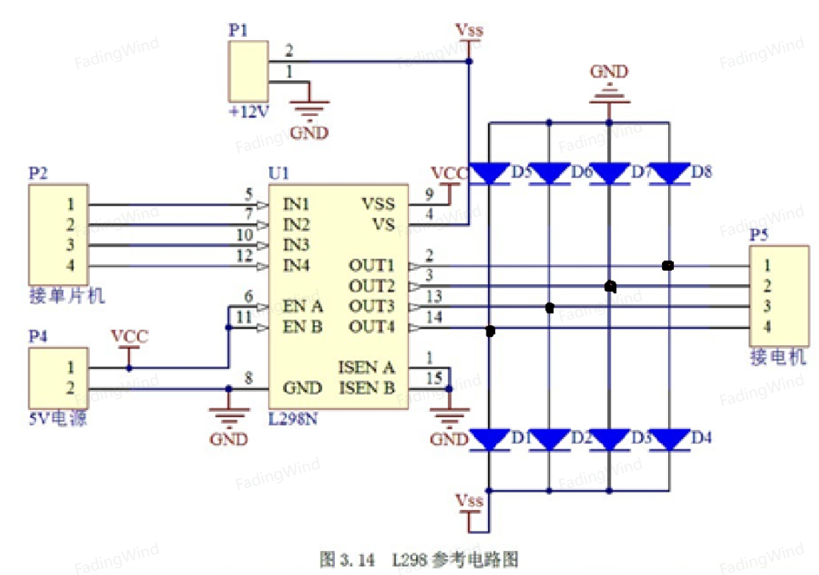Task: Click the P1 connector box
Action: (x=248, y=71)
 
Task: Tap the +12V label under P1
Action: (x=249, y=111)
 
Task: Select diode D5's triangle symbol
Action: (x=490, y=174)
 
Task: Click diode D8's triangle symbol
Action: (x=669, y=174)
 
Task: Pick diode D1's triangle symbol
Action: (x=490, y=440)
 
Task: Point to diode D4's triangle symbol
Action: (x=669, y=440)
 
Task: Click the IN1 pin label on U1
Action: (x=297, y=204)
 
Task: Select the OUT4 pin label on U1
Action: (x=371, y=328)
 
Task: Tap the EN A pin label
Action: (x=302, y=306)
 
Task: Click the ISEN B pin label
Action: (x=367, y=388)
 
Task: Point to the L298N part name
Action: (x=292, y=419)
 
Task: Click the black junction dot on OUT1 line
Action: (x=668, y=266)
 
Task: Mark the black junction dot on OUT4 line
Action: (x=490, y=331)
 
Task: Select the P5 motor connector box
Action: (x=779, y=296)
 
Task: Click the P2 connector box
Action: (x=58, y=235)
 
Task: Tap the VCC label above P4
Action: (x=130, y=336)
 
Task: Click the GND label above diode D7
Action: (x=609, y=71)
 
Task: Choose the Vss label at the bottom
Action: (x=469, y=501)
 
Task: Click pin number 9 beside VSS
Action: (x=430, y=194)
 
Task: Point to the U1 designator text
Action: (x=278, y=173)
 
